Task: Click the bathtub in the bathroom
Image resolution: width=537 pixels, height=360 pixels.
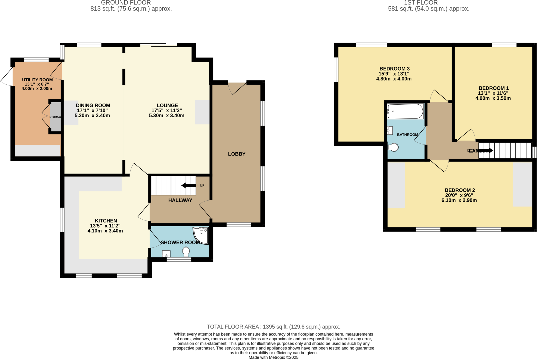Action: click(x=405, y=111)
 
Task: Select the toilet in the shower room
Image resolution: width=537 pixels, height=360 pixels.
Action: click(x=186, y=252)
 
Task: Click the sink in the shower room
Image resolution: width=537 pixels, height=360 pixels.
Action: click(x=166, y=254)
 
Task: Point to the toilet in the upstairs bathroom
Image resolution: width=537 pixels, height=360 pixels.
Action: click(x=393, y=147)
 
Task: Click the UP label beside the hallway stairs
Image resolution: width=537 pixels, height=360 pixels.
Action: click(x=202, y=185)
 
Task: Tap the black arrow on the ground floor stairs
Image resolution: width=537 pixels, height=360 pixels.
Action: click(x=189, y=185)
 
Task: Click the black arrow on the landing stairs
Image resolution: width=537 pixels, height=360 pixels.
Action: click(x=486, y=151)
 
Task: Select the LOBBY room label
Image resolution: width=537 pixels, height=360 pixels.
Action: click(x=237, y=154)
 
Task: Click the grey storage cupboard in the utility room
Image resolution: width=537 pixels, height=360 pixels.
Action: click(x=55, y=117)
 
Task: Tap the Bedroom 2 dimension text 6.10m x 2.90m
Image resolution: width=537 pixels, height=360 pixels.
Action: click(x=459, y=200)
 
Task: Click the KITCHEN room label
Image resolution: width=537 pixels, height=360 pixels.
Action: click(x=106, y=221)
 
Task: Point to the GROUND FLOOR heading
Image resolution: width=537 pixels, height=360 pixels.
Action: click(x=126, y=3)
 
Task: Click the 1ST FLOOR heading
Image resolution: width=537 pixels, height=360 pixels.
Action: click(x=421, y=3)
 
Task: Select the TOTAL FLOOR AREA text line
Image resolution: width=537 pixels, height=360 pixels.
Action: click(x=273, y=327)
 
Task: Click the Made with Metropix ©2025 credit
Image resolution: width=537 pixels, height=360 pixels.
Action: click(x=273, y=357)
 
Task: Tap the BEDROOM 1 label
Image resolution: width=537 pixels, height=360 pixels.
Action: click(x=493, y=88)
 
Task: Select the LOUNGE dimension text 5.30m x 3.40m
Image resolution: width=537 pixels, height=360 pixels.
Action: click(x=167, y=115)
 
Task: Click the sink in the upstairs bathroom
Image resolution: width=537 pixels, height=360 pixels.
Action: click(x=390, y=130)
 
